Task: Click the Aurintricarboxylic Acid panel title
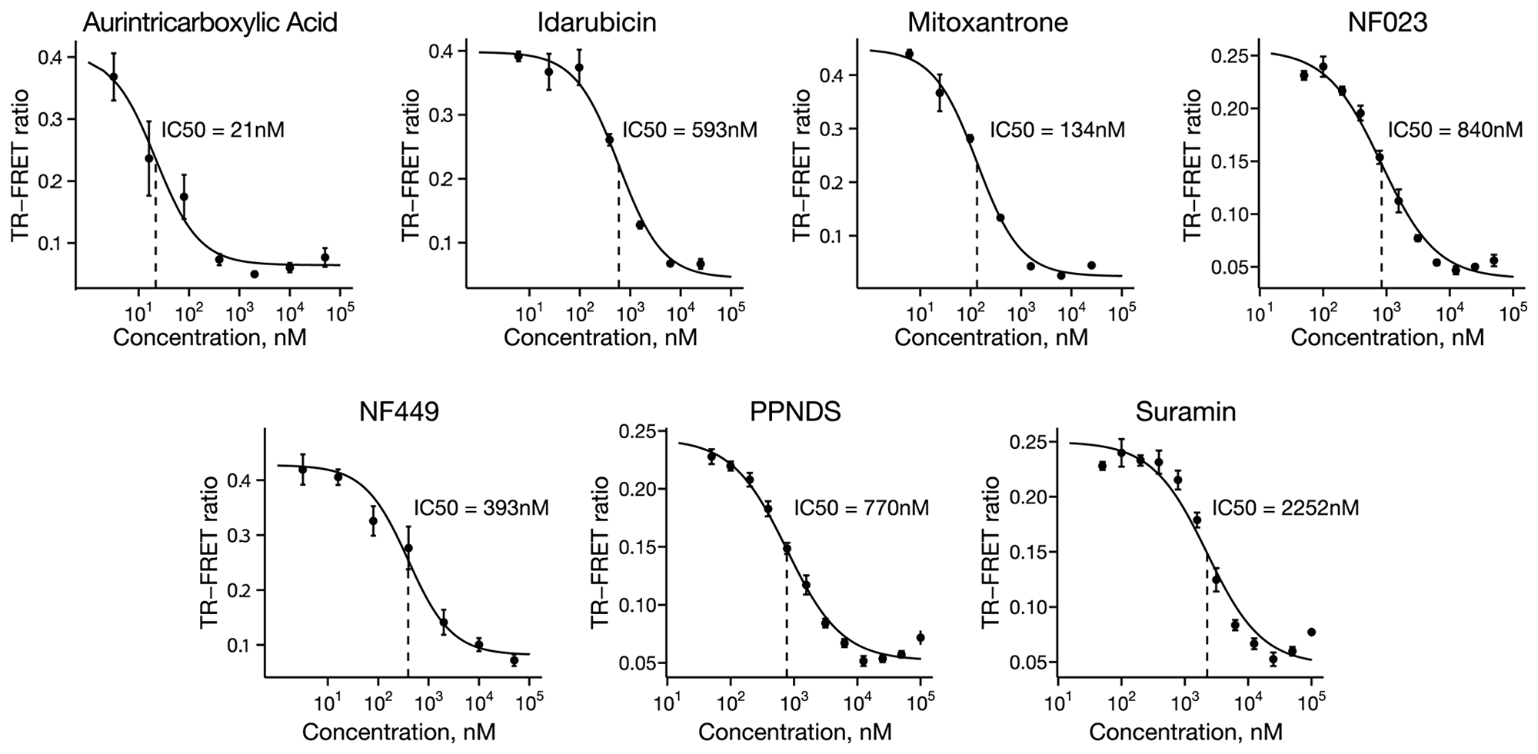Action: [210, 22]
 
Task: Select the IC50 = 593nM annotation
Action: [690, 129]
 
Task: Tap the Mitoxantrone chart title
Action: [987, 22]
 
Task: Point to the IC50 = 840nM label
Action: [1455, 129]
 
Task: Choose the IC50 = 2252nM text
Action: [1286, 508]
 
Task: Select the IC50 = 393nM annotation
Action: [481, 508]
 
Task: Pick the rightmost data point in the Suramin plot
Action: [1311, 632]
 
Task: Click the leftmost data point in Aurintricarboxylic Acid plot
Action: [114, 77]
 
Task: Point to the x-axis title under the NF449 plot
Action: [398, 731]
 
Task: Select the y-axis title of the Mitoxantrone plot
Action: [802, 164]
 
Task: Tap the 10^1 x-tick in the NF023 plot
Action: [1259, 314]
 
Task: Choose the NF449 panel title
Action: [399, 412]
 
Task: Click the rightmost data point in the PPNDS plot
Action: [920, 637]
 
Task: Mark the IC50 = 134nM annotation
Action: [1057, 129]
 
